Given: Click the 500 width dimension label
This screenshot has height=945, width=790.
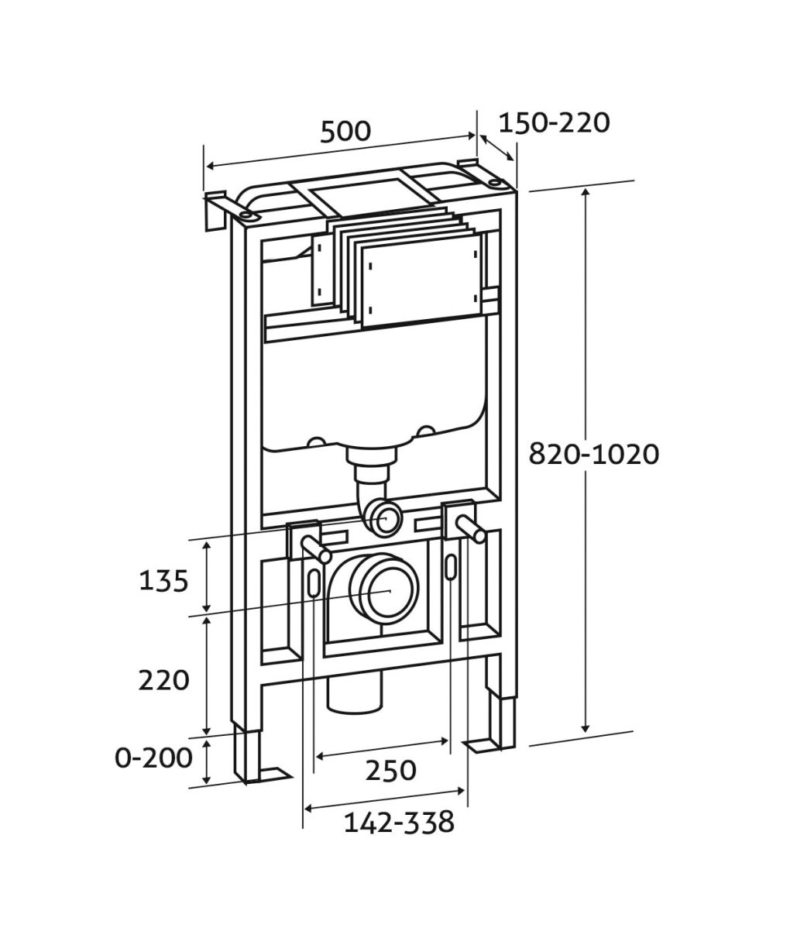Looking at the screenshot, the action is point(345,132).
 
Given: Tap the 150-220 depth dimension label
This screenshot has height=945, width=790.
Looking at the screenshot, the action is point(554,122).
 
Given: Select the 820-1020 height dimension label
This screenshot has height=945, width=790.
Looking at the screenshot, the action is point(593,454).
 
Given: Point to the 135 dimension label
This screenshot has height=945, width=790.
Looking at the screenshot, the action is point(163,581).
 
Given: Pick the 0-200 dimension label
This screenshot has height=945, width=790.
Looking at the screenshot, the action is point(154,758).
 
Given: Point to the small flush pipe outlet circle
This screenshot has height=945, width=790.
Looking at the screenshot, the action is point(385,518).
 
